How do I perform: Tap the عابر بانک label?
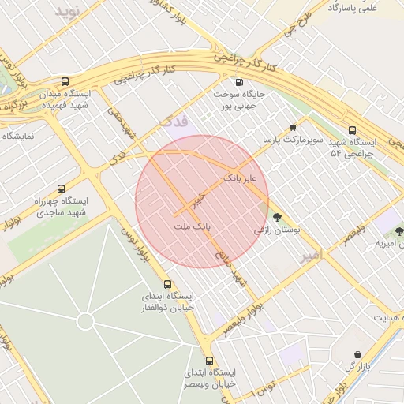[241, 178]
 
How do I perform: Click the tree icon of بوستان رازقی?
[276, 217]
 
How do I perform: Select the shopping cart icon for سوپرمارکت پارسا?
[293, 127]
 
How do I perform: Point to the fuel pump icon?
[238, 82]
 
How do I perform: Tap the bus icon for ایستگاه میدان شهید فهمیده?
[65, 81]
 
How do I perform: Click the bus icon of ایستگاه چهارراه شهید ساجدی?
[59, 189]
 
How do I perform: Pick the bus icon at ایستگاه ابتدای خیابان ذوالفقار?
[166, 284]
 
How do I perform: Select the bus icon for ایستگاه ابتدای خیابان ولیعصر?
[208, 360]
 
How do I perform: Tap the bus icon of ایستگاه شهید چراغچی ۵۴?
[352, 131]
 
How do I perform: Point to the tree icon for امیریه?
[398, 231]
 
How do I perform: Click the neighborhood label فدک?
[174, 122]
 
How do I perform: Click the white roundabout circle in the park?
[85, 321]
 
